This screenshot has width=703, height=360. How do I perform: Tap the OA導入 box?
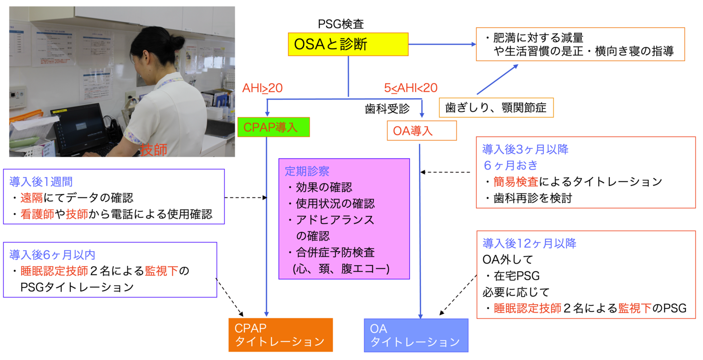point(421,131)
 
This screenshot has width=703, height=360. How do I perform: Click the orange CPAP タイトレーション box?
point(280,335)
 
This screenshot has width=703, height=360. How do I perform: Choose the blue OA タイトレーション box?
point(416,335)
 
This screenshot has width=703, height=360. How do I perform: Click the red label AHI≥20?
point(263,88)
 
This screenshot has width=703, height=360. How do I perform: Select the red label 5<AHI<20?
point(410,88)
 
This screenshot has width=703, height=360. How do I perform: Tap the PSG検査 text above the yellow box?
point(341,23)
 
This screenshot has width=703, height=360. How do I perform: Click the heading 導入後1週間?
point(41,182)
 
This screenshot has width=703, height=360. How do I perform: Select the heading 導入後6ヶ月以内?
point(52,254)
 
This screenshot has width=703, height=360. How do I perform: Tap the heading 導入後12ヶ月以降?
point(529,243)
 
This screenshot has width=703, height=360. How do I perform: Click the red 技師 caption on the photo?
point(153,150)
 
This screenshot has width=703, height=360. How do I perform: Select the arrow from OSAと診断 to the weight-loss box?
point(442,44)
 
